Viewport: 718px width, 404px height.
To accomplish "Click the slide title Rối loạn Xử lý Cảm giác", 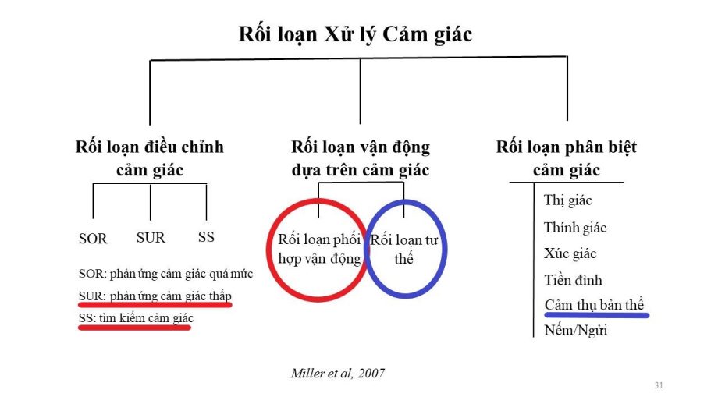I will coord(355,34).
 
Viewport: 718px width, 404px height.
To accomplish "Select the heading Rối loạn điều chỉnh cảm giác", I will coord(150,158).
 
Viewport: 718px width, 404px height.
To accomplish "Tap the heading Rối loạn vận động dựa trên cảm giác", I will coord(360,158).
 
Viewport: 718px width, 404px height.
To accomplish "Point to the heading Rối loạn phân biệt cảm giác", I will coord(566,158).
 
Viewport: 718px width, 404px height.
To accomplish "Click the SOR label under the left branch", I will coord(93,239).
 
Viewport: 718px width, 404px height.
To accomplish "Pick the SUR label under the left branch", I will coord(151,237).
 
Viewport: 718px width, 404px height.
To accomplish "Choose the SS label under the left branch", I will coord(206,236).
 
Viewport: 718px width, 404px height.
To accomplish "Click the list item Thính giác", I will coord(575,228).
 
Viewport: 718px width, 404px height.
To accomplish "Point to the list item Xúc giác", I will coord(570,253).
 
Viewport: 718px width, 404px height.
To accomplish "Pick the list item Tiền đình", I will coord(573,280).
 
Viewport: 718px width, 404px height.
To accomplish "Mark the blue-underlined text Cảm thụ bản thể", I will coord(594,305).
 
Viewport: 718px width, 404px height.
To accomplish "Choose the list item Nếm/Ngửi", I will coord(575,330).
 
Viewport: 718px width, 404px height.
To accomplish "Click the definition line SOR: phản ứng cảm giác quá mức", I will coord(165,275).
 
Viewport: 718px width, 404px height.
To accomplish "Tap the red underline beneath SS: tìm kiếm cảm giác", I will coord(135,328).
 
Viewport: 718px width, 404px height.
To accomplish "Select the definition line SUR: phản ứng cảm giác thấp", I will coord(155,296).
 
